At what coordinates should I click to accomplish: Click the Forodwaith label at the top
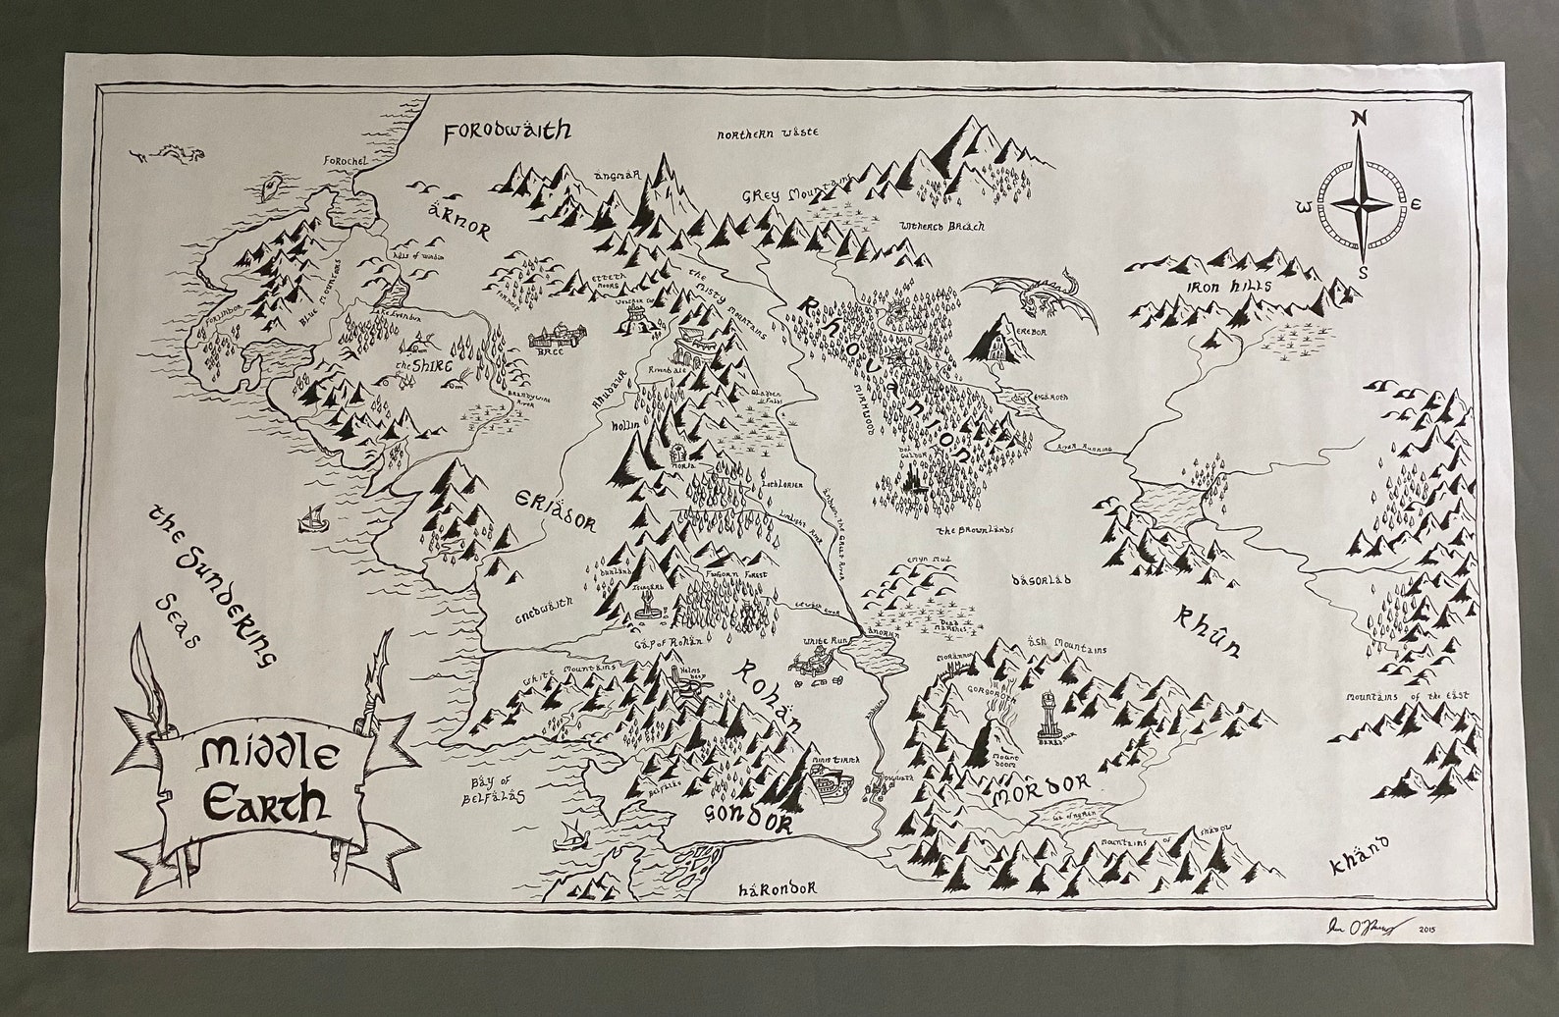click(x=508, y=131)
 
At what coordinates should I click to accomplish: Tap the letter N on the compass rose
click(x=1359, y=119)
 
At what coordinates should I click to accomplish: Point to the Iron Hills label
click(x=1215, y=287)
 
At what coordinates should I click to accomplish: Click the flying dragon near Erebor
click(x=1030, y=294)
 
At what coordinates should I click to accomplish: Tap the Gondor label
click(x=747, y=818)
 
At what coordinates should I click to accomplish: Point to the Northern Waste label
click(x=767, y=134)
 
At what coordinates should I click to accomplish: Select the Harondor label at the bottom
click(x=777, y=888)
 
